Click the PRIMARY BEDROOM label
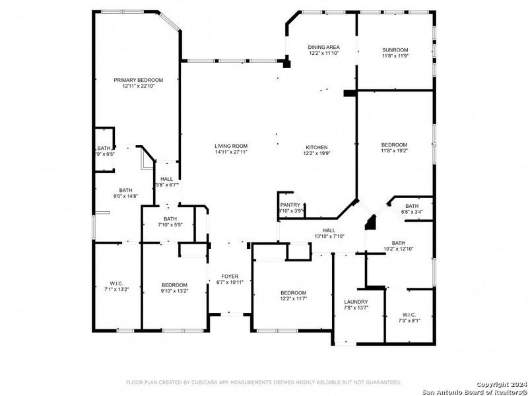138,80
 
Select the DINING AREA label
324,47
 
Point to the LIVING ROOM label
230,146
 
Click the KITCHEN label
316,147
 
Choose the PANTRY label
290,205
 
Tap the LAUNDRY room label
356,302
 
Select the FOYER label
230,276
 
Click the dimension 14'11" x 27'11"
230,152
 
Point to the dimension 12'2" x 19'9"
316,153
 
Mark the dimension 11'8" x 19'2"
395,151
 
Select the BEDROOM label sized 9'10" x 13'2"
174,284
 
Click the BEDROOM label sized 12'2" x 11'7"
292,292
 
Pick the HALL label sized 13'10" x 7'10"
329,230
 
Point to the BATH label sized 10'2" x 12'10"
398,243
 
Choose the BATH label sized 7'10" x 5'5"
170,218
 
